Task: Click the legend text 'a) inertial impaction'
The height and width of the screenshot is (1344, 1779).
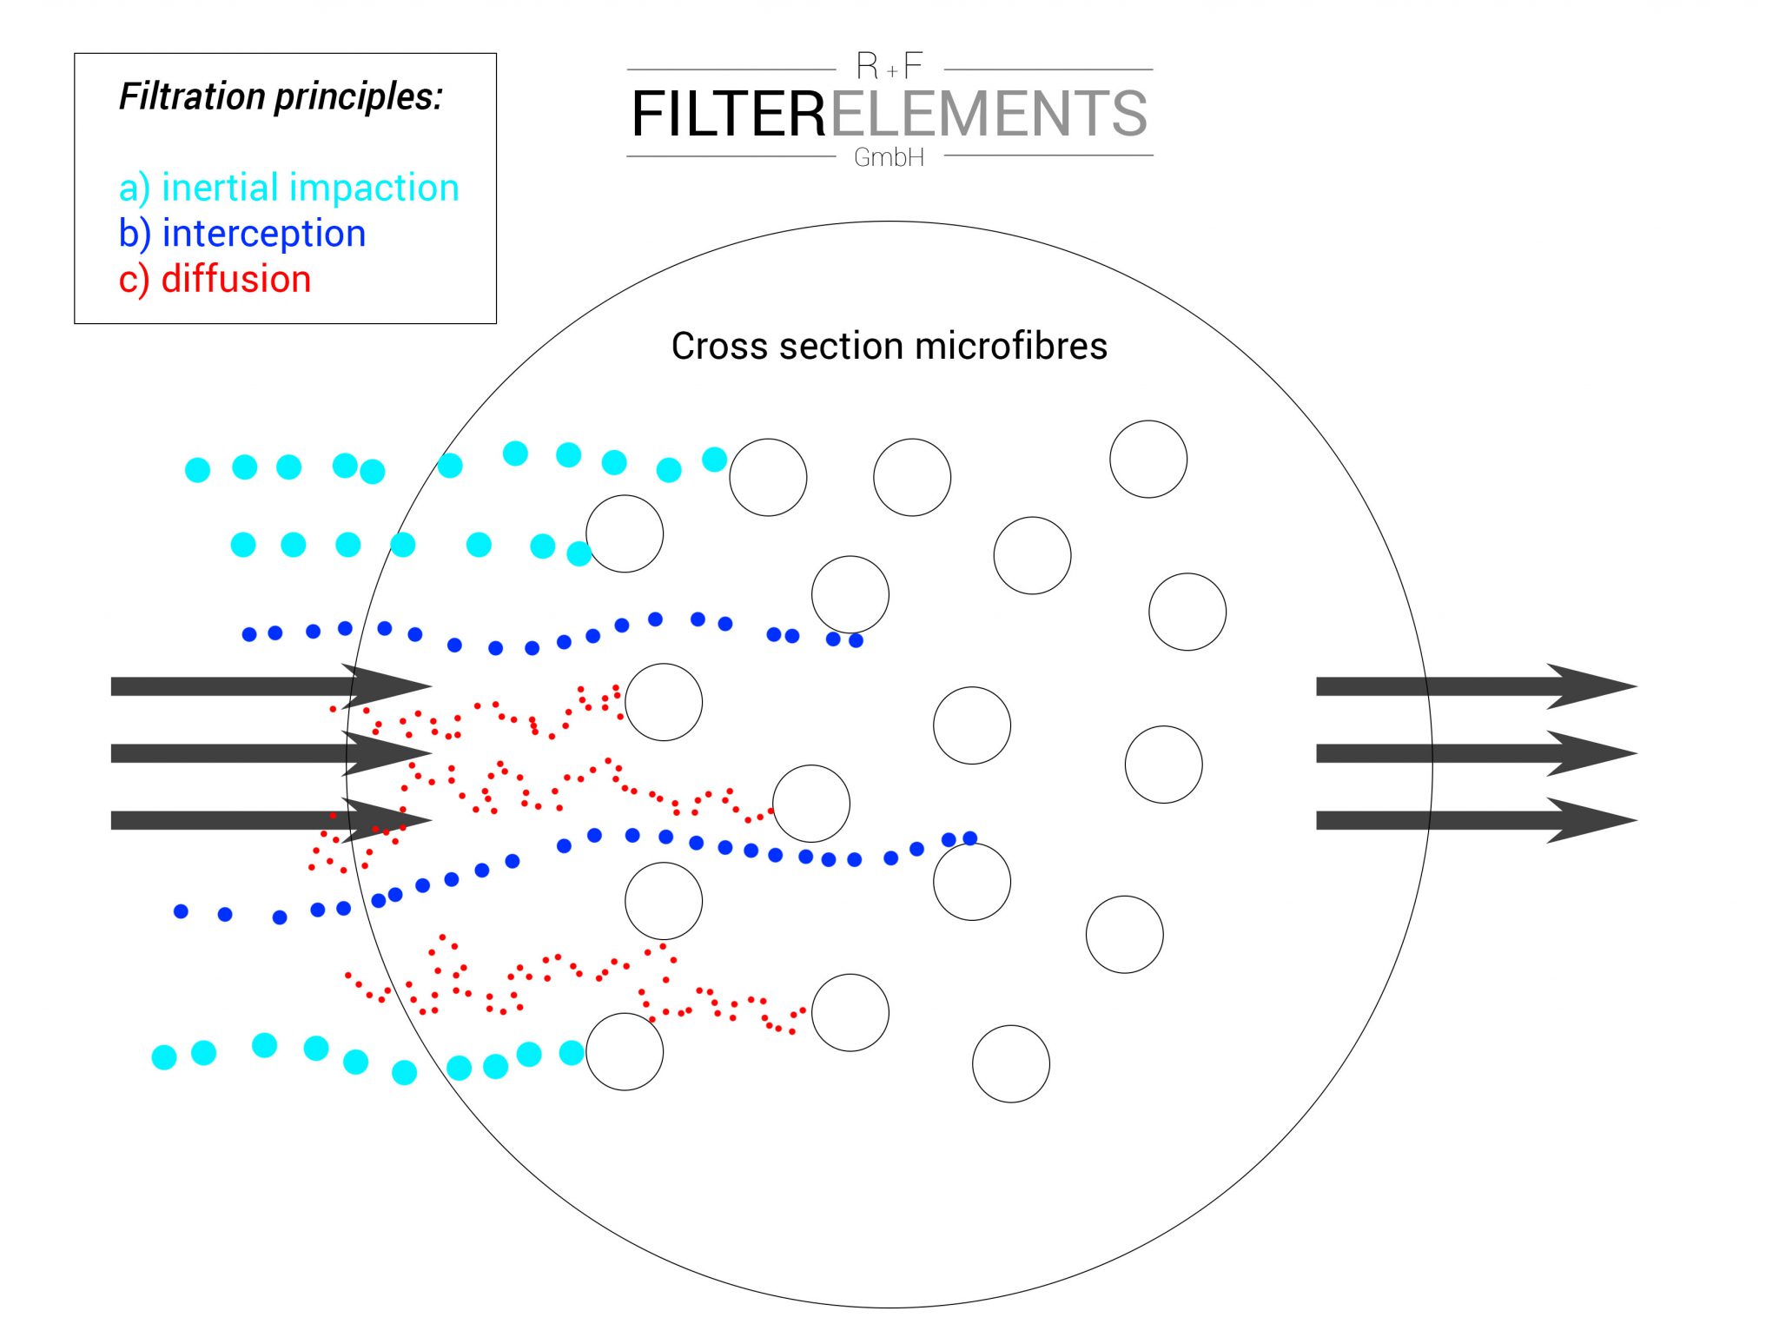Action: pos(288,188)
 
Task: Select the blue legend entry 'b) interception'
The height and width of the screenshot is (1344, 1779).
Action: pos(242,234)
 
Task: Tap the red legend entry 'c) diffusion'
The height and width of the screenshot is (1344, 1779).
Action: pos(215,280)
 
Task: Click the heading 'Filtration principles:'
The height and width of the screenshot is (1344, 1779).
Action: pos(281,96)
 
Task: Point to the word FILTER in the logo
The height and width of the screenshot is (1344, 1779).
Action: pos(728,115)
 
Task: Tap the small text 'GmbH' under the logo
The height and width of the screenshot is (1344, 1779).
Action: pos(889,158)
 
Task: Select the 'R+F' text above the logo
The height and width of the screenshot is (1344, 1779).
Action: pos(889,66)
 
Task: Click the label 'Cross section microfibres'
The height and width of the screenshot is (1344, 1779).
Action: pos(889,346)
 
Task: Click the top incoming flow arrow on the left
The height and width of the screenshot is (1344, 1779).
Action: pos(269,686)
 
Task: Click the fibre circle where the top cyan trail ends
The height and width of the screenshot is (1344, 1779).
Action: pos(768,477)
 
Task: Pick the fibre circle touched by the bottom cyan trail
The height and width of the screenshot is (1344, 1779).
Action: pos(625,1051)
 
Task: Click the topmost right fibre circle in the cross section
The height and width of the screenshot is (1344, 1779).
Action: pos(1148,459)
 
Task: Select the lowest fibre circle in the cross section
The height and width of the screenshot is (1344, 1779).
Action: pos(1011,1063)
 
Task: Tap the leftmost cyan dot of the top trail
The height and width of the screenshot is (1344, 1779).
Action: pos(198,470)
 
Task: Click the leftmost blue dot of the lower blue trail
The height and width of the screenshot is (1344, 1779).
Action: pos(181,911)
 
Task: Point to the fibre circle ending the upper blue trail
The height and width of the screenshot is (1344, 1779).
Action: pos(850,594)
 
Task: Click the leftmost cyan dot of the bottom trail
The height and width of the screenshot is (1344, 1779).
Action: pos(164,1056)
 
